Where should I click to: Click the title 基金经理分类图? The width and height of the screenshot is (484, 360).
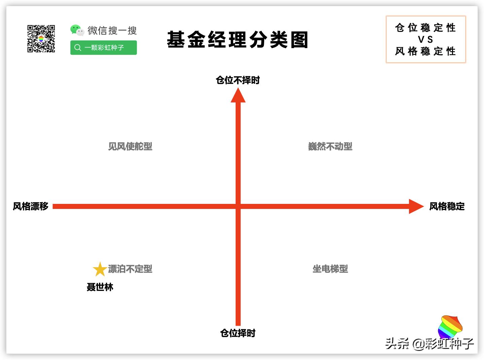point(237,40)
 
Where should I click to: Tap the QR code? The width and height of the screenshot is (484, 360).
point(41,39)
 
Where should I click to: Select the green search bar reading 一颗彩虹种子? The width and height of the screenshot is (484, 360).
point(103,47)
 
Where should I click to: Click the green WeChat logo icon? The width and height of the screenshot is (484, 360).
point(77,30)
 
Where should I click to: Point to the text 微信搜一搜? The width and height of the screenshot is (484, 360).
point(112,31)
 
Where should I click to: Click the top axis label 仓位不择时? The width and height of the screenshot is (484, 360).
point(238,80)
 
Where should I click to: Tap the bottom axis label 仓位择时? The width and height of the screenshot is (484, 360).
point(238,333)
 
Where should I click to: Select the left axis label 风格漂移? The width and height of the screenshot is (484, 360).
point(31,206)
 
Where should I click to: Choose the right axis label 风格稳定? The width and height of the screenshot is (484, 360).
point(447,206)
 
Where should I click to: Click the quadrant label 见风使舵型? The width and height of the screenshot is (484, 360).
point(130,146)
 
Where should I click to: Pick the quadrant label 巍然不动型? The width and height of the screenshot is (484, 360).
point(330,146)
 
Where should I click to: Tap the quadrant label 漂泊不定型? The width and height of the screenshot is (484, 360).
point(130,269)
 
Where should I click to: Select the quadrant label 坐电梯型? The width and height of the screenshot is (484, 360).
point(330,269)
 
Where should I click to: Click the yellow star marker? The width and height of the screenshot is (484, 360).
point(100,269)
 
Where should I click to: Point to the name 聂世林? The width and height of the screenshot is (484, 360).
point(100,287)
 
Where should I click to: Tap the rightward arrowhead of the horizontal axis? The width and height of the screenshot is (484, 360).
point(416,206)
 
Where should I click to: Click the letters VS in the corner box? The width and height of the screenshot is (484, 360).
point(425,40)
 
